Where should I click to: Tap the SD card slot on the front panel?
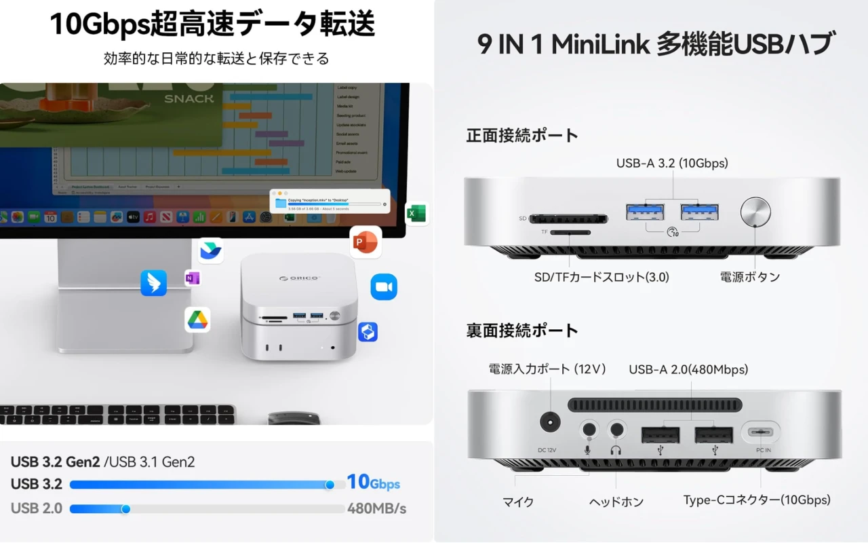point(568,219)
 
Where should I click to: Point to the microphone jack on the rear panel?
point(588,430)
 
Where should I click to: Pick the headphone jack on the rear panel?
point(616,430)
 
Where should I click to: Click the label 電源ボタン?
point(749,277)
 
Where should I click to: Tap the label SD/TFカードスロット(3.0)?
point(601,277)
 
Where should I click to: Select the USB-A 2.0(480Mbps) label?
point(688,370)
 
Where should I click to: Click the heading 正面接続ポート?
point(522,135)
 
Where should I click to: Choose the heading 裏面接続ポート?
point(522,331)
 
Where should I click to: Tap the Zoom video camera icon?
point(384,286)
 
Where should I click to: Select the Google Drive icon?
point(197,320)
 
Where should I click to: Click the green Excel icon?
point(416,214)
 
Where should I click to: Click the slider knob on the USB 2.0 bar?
point(125,508)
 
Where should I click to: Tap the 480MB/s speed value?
point(377,508)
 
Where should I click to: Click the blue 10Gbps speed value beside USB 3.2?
point(373,483)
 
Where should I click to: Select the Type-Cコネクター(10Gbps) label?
point(757,500)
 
